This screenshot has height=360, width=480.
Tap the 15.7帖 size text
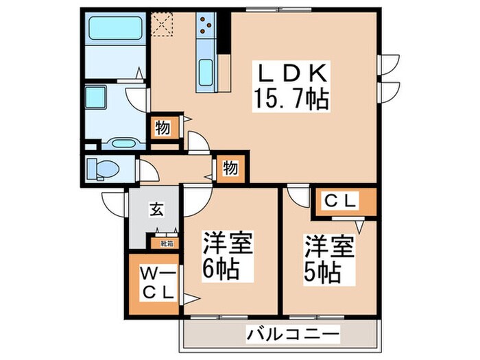pyautogui.click(x=294, y=100)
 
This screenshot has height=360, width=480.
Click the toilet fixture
pyautogui.click(x=105, y=167)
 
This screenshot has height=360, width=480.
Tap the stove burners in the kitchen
pyautogui.click(x=204, y=26)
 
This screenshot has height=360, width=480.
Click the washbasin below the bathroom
pyautogui.click(x=123, y=143)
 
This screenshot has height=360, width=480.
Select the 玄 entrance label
pyautogui.click(x=157, y=210)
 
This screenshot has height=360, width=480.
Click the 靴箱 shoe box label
pyautogui.click(x=167, y=242)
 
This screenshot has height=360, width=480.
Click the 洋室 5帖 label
pyautogui.click(x=330, y=260)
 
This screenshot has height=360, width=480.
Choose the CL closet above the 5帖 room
pyautogui.click(x=341, y=202)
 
